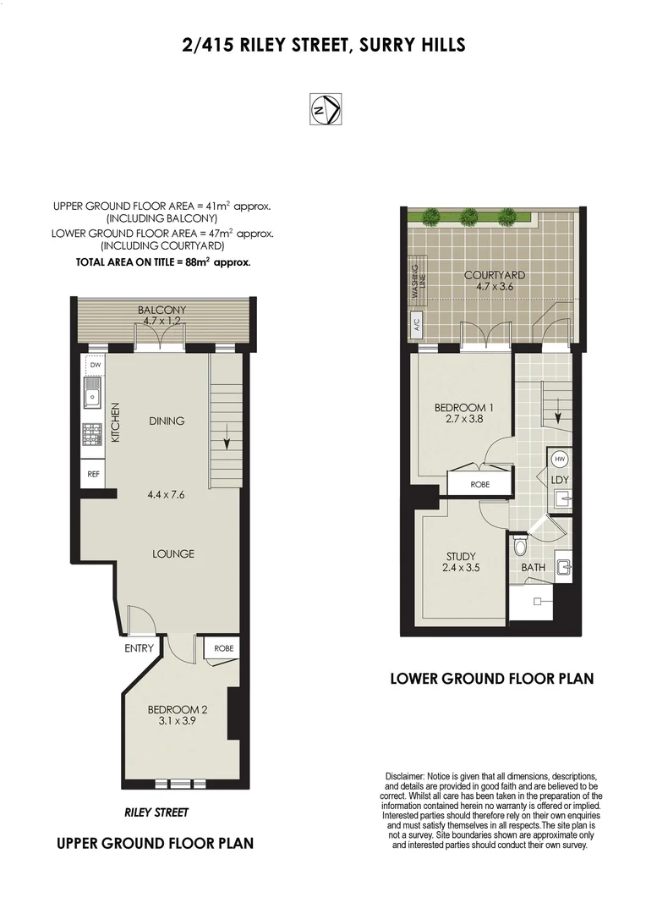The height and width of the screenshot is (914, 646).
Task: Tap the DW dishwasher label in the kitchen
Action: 95,366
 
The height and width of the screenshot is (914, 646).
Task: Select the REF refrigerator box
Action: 93,474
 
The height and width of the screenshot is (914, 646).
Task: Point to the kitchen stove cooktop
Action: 92,433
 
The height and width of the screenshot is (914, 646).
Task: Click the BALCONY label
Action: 161,311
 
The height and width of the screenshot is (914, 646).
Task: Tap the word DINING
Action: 167,421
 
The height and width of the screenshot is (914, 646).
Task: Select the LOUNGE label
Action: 173,554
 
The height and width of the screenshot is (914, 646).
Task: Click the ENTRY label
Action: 140,649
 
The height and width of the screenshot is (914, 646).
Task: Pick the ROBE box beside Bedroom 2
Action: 223,648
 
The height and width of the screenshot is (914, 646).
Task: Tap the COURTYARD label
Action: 495,275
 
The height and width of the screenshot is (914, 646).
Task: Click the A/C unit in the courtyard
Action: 416,322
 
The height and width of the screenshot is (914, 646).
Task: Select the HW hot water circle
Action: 559,459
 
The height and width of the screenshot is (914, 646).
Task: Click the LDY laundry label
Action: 560,480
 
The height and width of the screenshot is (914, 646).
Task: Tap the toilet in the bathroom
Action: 521,546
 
